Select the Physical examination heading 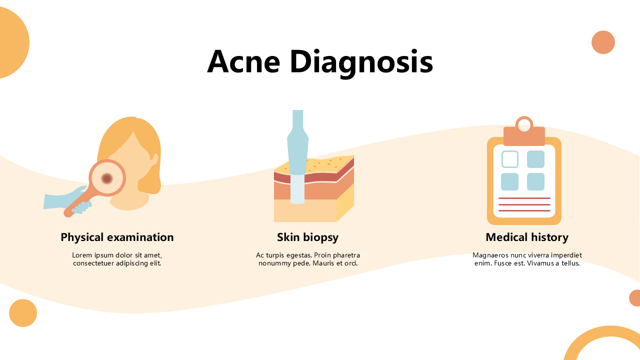(117, 237)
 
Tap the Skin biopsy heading (307, 237)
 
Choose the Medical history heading (527, 237)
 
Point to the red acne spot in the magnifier (106, 178)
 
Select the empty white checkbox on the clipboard (509, 159)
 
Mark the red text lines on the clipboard (524, 204)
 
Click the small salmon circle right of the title (603, 42)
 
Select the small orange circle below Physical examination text (23, 313)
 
